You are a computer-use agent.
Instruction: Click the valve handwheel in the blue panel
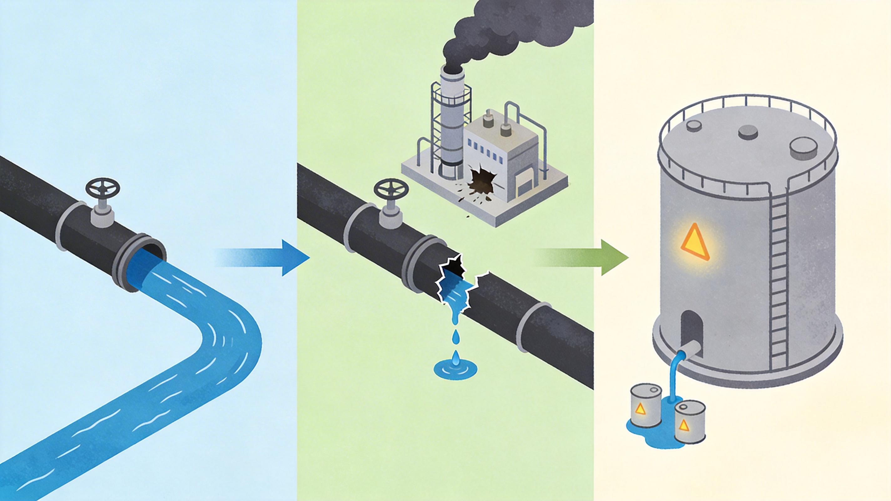tap(102, 189)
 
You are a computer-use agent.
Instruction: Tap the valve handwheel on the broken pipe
tap(391, 190)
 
